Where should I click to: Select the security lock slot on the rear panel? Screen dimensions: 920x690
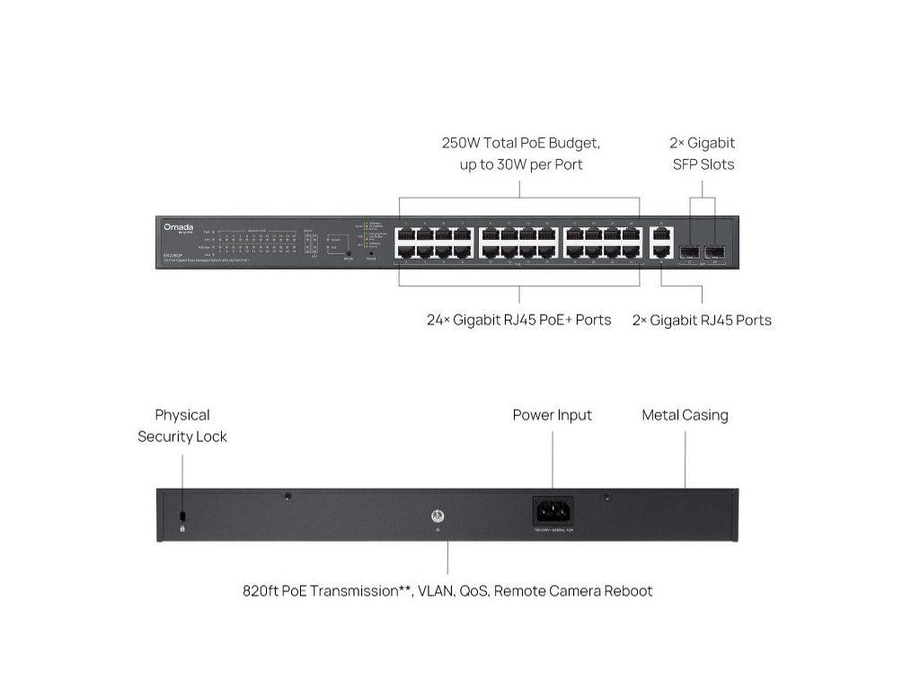[182, 516]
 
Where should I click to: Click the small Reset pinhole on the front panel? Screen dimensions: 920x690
[371, 253]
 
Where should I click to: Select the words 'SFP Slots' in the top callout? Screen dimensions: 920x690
[703, 164]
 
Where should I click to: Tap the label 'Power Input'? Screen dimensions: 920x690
[552, 415]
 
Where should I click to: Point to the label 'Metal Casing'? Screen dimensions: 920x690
[685, 415]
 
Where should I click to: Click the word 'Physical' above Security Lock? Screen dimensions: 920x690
[182, 415]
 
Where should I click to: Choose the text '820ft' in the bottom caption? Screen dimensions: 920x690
[261, 591]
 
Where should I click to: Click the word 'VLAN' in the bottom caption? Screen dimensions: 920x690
[437, 591]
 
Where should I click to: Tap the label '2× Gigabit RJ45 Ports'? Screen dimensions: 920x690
[702, 320]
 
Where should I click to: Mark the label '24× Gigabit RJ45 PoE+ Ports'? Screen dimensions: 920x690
[519, 320]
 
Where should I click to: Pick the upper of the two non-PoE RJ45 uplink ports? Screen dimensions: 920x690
[662, 235]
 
